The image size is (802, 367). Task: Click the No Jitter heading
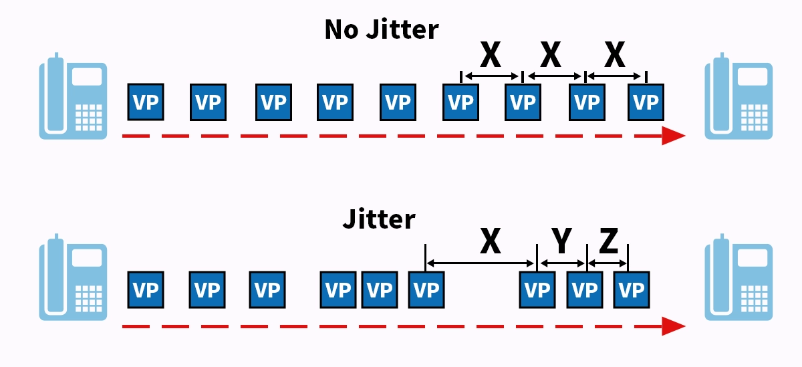click(382, 30)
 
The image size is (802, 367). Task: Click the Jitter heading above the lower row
click(379, 219)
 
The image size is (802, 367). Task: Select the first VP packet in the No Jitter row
click(146, 102)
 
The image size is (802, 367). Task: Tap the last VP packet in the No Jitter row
click(646, 102)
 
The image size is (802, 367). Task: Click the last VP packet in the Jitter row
click(632, 289)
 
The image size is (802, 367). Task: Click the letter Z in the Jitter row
click(608, 242)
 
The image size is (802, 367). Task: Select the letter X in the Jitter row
click(491, 242)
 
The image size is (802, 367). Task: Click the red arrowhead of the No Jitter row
click(674, 136)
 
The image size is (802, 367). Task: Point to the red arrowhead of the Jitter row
click(674, 326)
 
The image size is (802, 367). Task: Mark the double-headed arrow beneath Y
click(562, 263)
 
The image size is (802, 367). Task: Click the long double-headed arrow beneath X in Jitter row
click(481, 263)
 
